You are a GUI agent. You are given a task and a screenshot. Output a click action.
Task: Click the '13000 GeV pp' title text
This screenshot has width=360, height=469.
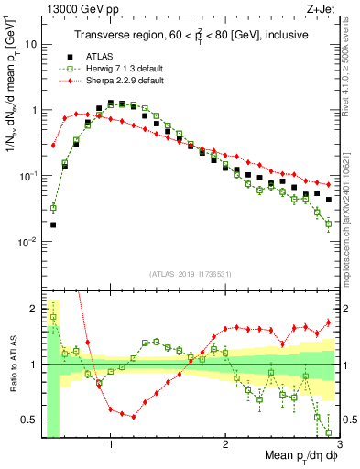(x=74, y=8)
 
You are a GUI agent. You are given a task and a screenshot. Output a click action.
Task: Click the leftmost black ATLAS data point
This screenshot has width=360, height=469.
(x=53, y=224)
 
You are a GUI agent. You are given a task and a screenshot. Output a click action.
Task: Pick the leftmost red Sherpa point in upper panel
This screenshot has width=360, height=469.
(x=53, y=145)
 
